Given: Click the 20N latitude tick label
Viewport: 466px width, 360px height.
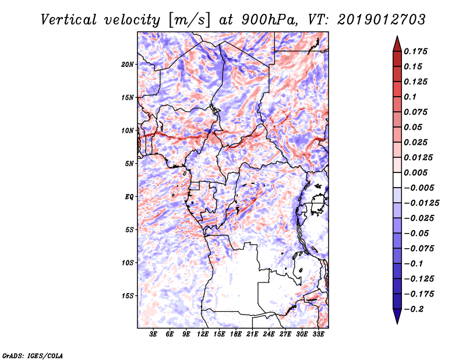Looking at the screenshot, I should pyautogui.click(x=128, y=64).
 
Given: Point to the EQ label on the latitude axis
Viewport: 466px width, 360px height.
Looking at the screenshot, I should pyautogui.click(x=129, y=197).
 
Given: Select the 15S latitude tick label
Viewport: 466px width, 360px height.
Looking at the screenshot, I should pyautogui.click(x=128, y=296).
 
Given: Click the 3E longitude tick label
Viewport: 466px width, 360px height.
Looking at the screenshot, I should pyautogui.click(x=153, y=334).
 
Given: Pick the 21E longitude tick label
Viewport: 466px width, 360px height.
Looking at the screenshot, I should pyautogui.click(x=252, y=334).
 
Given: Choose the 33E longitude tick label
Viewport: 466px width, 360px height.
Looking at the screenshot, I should pyautogui.click(x=318, y=334).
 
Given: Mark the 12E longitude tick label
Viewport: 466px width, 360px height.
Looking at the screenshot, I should pyautogui.click(x=203, y=334).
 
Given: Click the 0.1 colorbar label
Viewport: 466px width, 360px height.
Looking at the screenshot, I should pyautogui.click(x=412, y=97).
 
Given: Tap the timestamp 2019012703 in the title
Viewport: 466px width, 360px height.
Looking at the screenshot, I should pyautogui.click(x=380, y=19).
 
